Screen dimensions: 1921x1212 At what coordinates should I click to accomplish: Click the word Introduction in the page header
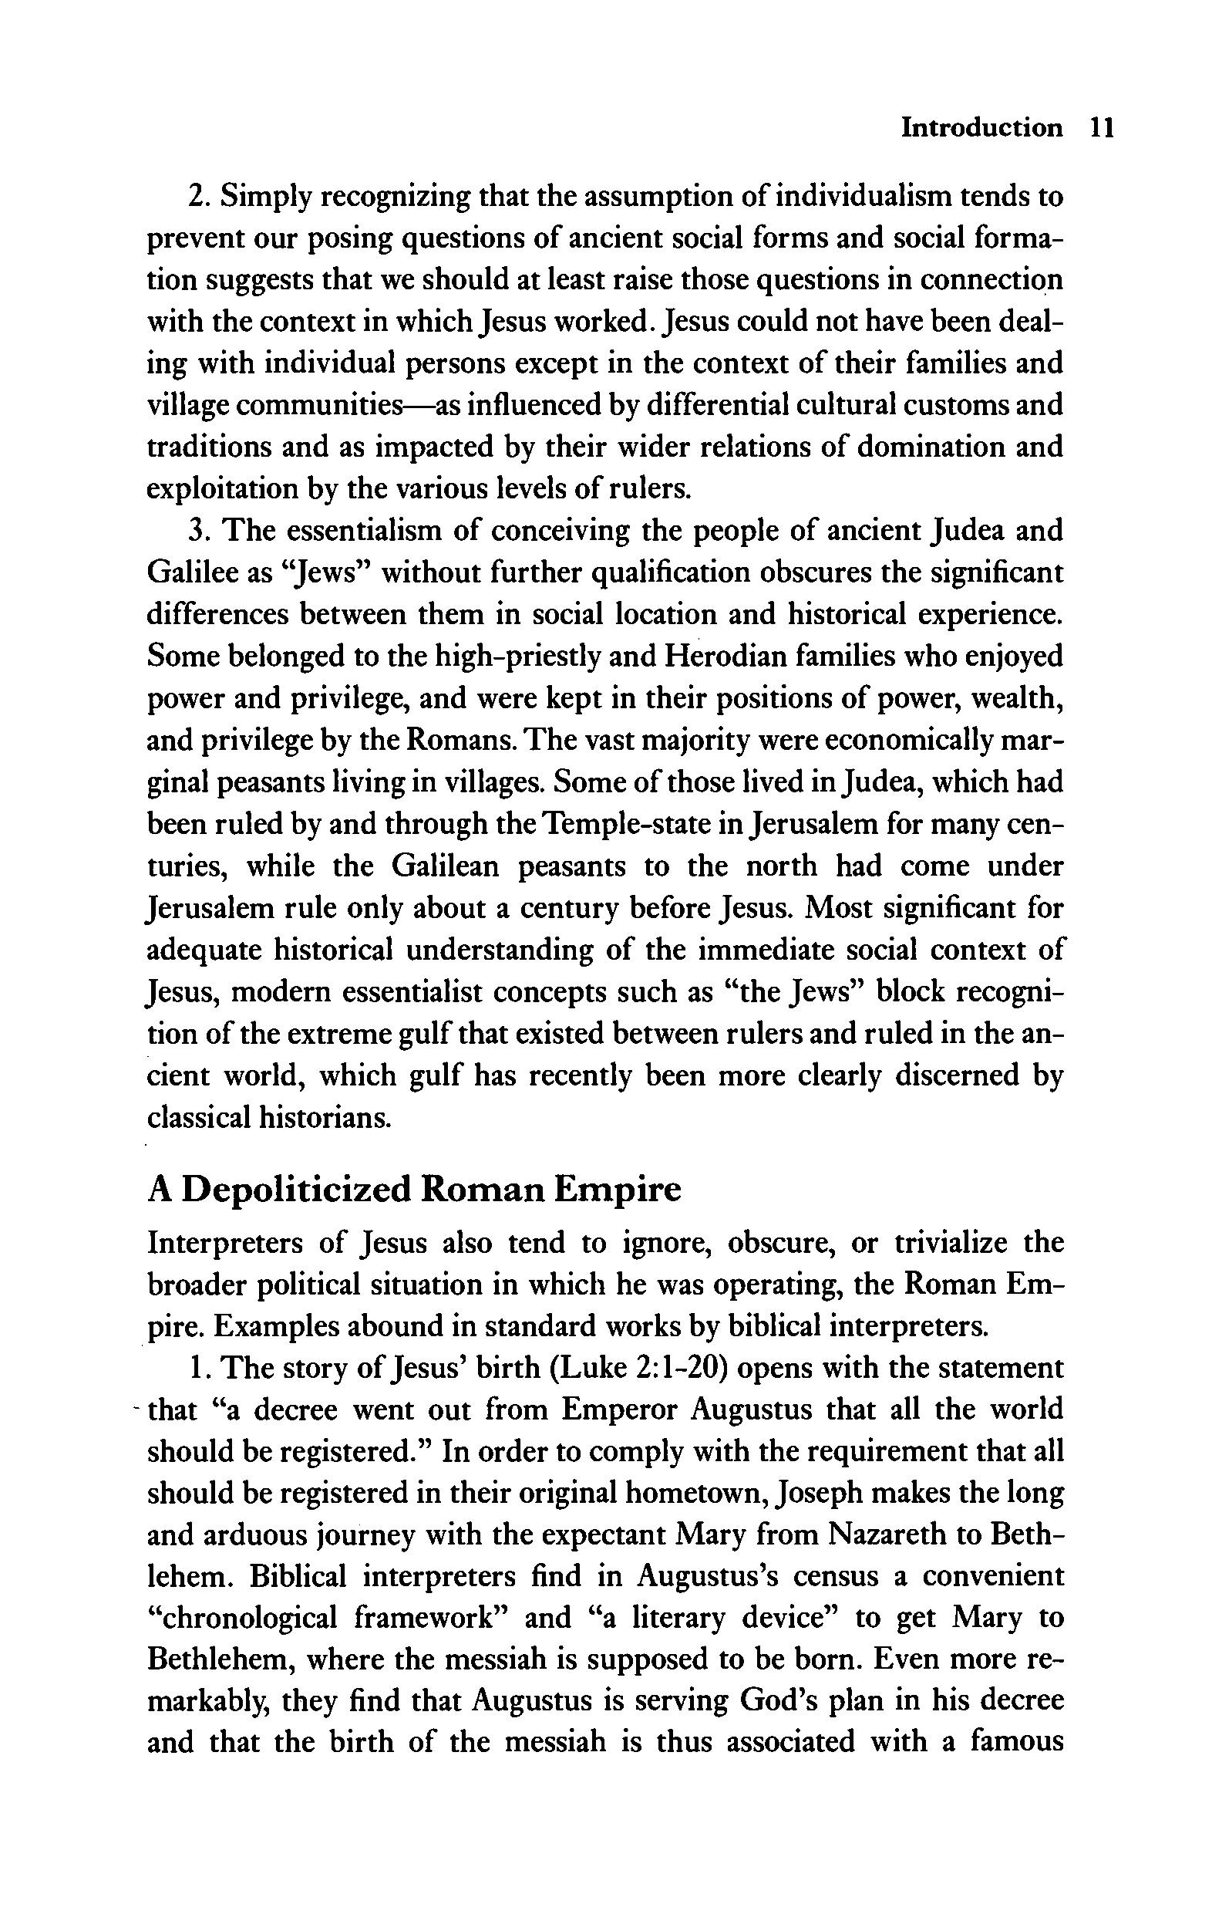pyautogui.click(x=981, y=127)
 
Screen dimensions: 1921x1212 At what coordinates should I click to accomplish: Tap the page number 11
pyautogui.click(x=1100, y=127)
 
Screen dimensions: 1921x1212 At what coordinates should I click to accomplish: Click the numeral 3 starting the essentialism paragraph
pyautogui.click(x=195, y=531)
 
